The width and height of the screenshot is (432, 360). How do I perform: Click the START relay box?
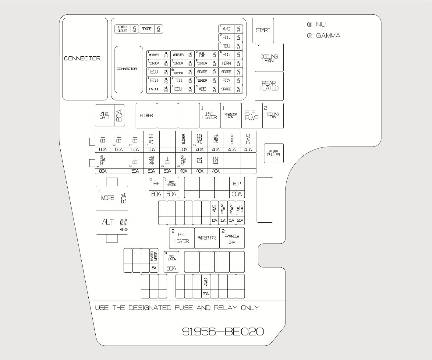point(263,30)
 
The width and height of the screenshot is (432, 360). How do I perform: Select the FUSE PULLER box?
point(274,153)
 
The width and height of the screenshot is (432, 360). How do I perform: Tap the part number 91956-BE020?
point(223,331)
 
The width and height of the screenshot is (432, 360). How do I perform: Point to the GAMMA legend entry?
point(328,36)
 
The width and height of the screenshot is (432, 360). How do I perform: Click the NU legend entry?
point(320,24)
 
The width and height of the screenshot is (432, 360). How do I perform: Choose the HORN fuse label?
point(226,63)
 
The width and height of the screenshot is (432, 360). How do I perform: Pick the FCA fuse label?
point(226,80)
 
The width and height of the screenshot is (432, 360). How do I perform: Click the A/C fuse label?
point(226,29)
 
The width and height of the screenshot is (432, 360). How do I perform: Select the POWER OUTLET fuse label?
point(122,29)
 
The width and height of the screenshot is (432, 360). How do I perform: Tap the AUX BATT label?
point(104,115)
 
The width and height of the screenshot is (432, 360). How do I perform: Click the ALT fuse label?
point(108,222)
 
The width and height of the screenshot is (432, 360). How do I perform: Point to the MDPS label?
point(108,198)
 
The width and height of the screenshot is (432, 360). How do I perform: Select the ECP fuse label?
point(237,184)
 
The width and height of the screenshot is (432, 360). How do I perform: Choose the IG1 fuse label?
point(200,161)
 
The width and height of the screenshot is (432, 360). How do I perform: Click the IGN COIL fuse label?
point(154,89)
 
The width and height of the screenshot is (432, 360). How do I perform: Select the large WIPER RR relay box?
point(207,238)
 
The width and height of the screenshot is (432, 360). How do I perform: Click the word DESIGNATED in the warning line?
point(150,308)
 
